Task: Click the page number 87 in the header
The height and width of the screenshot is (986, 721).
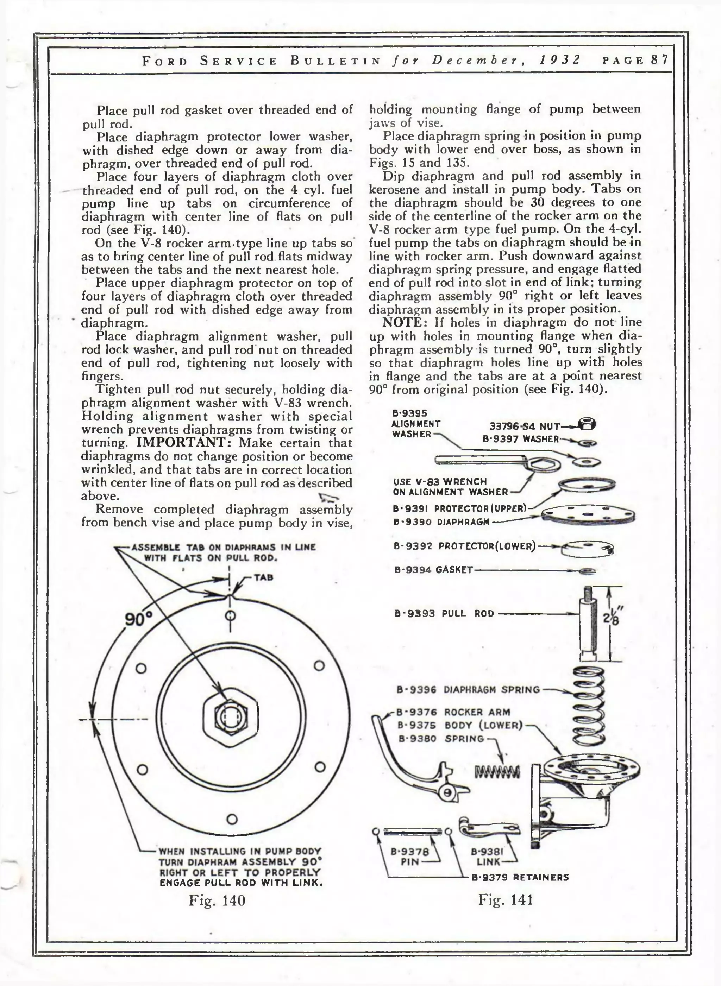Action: pos(659,60)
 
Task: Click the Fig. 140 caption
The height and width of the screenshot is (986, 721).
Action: pos(217,900)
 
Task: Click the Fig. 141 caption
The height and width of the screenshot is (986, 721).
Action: pos(506,899)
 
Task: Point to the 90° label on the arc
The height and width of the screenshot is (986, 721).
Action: pos(138,619)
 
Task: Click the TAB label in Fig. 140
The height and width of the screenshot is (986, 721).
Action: pos(263,577)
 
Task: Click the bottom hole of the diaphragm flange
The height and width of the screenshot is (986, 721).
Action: pos(232,819)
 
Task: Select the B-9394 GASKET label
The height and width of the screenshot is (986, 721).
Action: pos(433,570)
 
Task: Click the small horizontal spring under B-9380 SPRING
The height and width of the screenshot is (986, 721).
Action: pos(497,772)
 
